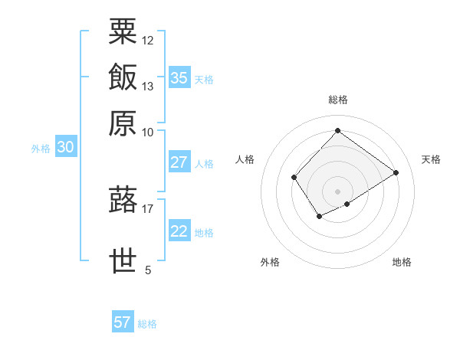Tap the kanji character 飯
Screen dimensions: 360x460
[123, 77]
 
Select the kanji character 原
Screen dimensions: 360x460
[123, 123]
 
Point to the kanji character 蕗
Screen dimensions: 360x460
[123, 200]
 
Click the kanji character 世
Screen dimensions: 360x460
[123, 261]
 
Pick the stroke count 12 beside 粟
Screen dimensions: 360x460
[148, 40]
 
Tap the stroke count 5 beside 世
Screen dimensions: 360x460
[148, 270]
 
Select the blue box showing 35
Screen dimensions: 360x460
[179, 77]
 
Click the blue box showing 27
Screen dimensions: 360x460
[179, 162]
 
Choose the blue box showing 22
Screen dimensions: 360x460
[179, 231]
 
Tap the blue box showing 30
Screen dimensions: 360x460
[65, 148]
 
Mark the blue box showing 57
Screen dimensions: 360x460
[123, 322]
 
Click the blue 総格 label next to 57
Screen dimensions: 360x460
[147, 324]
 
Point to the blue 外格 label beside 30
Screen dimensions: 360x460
[41, 149]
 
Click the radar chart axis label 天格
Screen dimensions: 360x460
[431, 159]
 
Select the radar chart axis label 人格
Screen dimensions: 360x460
[245, 159]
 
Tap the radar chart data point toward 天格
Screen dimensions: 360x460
[396, 172]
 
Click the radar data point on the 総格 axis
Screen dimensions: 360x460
[337, 130]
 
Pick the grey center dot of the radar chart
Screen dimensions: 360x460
[337, 191]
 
